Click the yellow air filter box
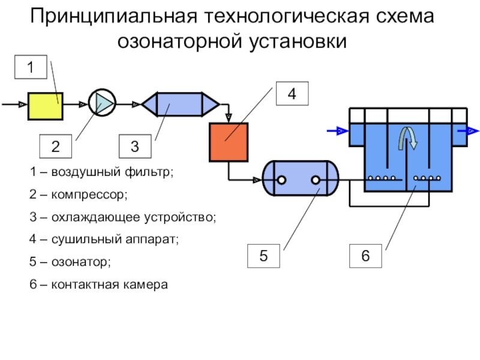pos(46,106)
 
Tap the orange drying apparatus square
pos(229,142)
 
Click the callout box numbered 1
pos(31,67)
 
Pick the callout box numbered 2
pos(55,146)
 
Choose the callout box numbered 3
pos(135,146)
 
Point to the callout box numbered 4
pos(292,94)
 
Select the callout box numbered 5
pos(263,256)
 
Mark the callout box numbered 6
pos(365,256)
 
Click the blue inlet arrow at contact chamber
pos(338,131)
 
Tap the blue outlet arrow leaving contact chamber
pos(469,131)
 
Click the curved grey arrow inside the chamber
pos(408,139)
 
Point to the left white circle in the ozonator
pos(281,180)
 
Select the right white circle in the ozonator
pos(316,180)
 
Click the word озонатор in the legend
pos(81,262)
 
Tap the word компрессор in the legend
pos(89,194)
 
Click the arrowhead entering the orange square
pos(229,118)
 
